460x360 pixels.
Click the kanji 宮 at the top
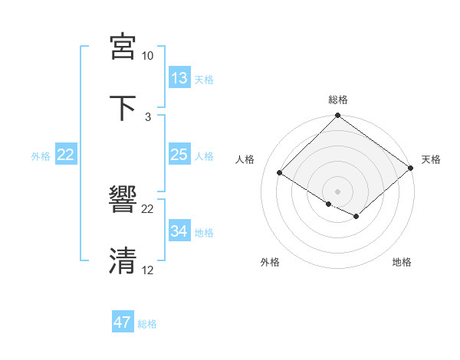[123, 46]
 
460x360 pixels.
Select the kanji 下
[123, 106]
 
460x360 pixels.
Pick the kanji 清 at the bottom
[123, 260]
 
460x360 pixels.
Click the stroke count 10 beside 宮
[148, 56]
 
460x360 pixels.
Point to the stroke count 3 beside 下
[148, 116]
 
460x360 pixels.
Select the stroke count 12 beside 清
[148, 270]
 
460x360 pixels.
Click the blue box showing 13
[179, 78]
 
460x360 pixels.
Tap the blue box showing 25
[179, 155]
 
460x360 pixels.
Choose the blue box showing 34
[179, 231]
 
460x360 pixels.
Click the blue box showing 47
[123, 322]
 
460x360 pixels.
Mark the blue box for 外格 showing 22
[66, 155]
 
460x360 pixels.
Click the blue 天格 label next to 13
[203, 79]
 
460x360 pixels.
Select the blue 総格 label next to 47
[147, 324]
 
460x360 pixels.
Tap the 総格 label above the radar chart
[338, 100]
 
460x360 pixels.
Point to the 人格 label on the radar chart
[245, 159]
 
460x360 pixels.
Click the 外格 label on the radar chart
[270, 263]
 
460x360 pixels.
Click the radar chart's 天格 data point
[410, 169]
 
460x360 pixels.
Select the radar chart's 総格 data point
[338, 116]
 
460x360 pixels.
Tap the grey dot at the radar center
[338, 191]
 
